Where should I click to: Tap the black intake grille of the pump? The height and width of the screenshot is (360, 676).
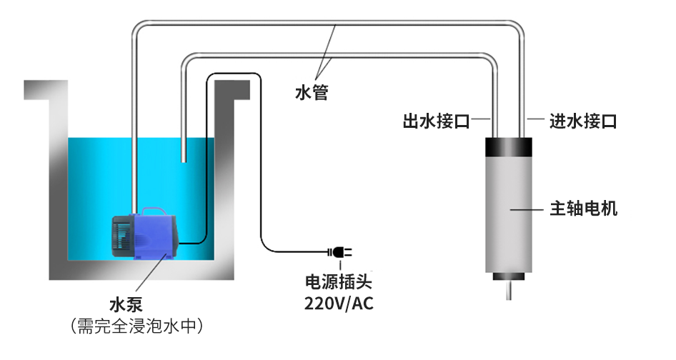point(121,236)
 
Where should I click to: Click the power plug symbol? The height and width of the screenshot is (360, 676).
point(340,251)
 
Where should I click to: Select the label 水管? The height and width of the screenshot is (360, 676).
point(312,92)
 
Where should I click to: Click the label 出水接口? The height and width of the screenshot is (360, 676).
point(436,121)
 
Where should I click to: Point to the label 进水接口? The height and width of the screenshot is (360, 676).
point(583,121)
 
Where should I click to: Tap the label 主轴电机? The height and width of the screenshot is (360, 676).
point(583,209)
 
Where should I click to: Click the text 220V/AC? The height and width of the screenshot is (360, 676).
point(339,304)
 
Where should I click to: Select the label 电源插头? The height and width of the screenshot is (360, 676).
point(339,282)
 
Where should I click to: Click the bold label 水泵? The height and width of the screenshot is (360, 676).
point(126,305)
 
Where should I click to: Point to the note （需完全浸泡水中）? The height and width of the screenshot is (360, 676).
point(136,326)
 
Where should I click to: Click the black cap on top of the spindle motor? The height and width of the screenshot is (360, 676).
point(509,146)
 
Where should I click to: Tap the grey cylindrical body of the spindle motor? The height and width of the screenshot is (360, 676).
point(509,214)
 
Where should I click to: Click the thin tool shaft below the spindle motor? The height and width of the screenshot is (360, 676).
point(510,290)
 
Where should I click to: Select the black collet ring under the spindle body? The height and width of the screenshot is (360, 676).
point(509,276)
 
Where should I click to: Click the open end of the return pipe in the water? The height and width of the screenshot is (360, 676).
point(183,161)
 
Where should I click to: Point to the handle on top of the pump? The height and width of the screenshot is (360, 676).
point(154,211)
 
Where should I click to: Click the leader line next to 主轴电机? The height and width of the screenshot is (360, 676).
point(527,209)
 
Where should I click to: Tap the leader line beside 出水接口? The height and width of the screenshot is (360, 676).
point(481,119)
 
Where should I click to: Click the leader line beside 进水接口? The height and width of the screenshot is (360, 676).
point(535,119)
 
